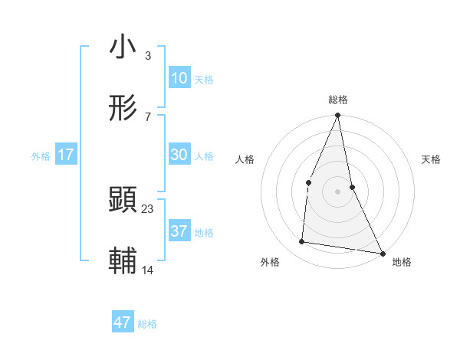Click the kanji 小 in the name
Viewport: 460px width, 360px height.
point(123,47)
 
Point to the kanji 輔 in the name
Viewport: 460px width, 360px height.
point(123,260)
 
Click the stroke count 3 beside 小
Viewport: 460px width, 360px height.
point(147,56)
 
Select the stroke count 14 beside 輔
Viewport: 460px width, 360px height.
point(147,270)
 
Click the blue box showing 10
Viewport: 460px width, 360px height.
point(179,77)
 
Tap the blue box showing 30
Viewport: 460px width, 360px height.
point(179,154)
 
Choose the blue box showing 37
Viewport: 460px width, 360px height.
point(179,231)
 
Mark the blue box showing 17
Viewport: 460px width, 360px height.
point(66,154)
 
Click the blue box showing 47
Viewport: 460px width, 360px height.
point(123,322)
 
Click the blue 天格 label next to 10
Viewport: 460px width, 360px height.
point(204,80)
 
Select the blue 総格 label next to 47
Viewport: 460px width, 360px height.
point(147,325)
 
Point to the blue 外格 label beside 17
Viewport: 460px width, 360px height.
point(41,156)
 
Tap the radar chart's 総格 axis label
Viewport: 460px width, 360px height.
point(338,100)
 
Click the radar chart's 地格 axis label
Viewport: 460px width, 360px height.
point(402,262)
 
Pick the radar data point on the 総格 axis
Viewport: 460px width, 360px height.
point(338,116)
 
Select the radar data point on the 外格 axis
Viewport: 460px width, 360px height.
point(302,242)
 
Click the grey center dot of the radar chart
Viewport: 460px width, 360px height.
point(338,191)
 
